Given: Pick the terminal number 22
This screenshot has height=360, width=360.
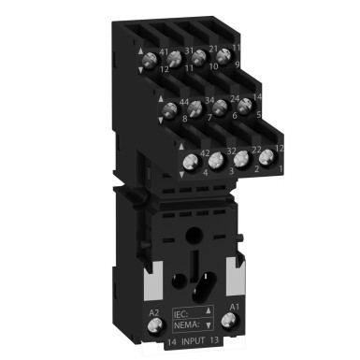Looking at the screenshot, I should tap(256, 151).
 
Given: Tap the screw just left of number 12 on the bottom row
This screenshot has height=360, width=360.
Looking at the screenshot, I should tap(266, 156).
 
